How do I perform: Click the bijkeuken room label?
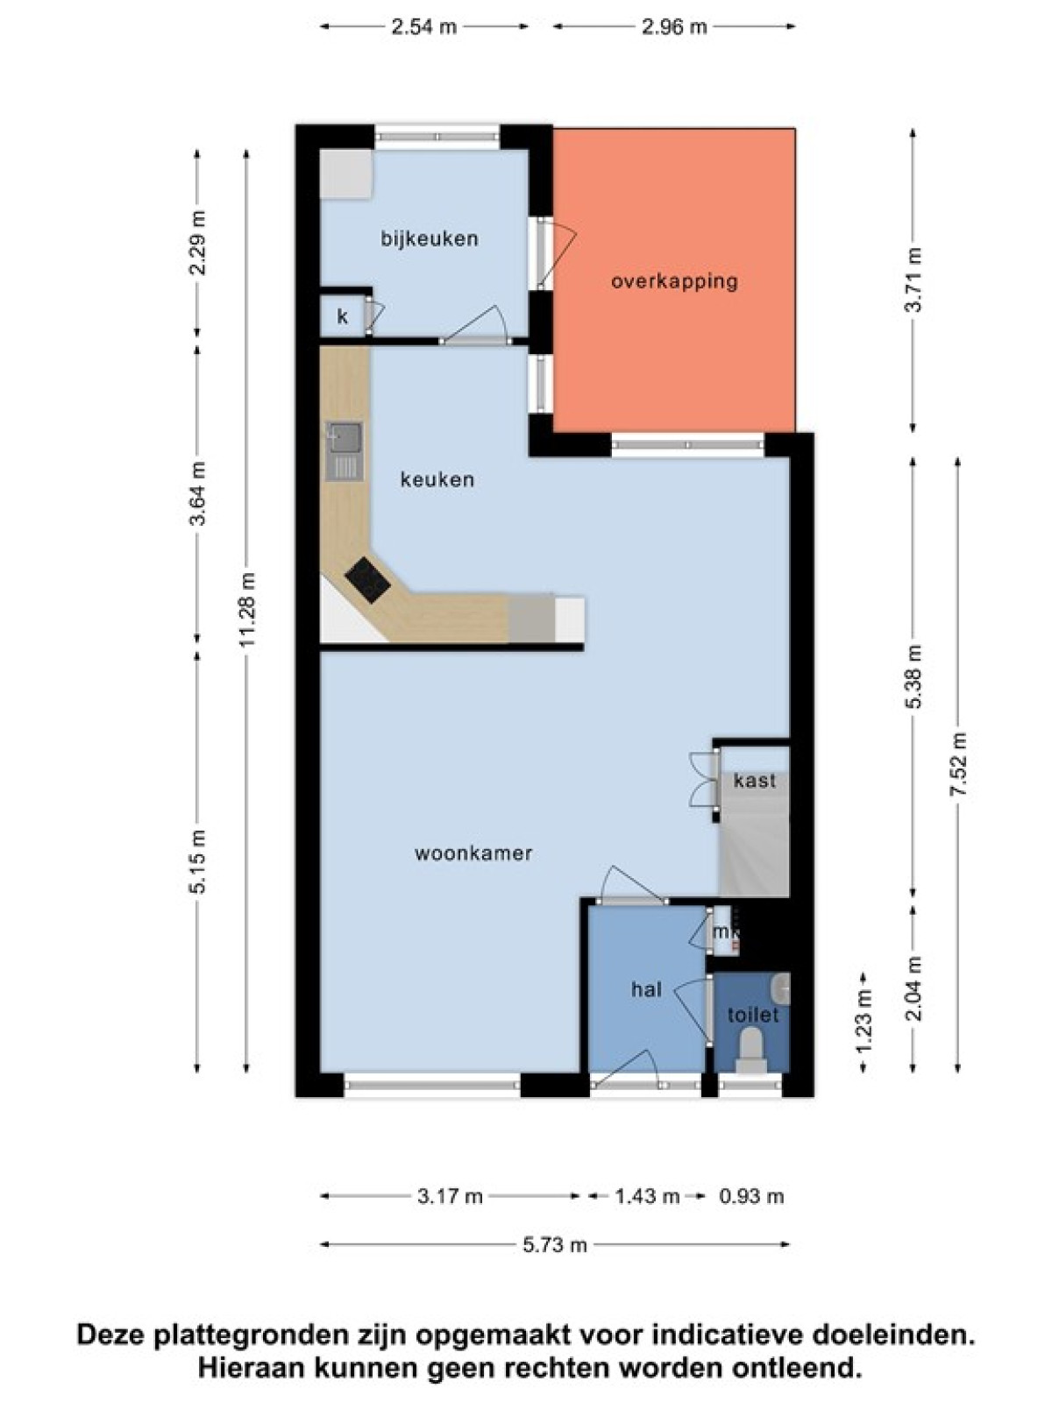(x=430, y=239)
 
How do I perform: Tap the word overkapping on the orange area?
(x=674, y=281)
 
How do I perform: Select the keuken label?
(x=437, y=479)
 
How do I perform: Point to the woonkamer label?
(x=473, y=853)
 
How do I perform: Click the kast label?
(x=754, y=780)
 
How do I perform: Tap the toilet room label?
(x=754, y=1015)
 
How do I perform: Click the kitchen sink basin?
(x=345, y=438)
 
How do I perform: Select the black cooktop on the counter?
(x=367, y=579)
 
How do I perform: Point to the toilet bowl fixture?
(x=750, y=1051)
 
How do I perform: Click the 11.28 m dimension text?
(x=248, y=609)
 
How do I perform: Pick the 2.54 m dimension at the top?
(x=424, y=27)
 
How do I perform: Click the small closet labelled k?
(x=343, y=315)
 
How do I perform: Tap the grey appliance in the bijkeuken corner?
(x=345, y=173)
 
